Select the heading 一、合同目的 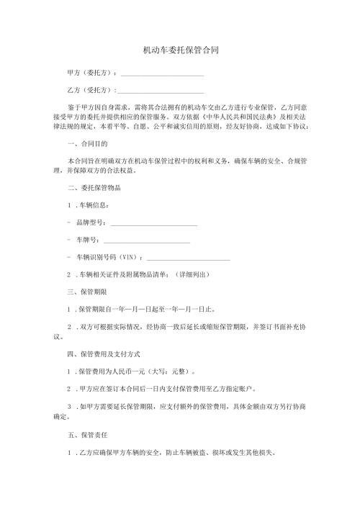87,143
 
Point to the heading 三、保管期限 87,292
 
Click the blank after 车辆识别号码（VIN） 189,258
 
